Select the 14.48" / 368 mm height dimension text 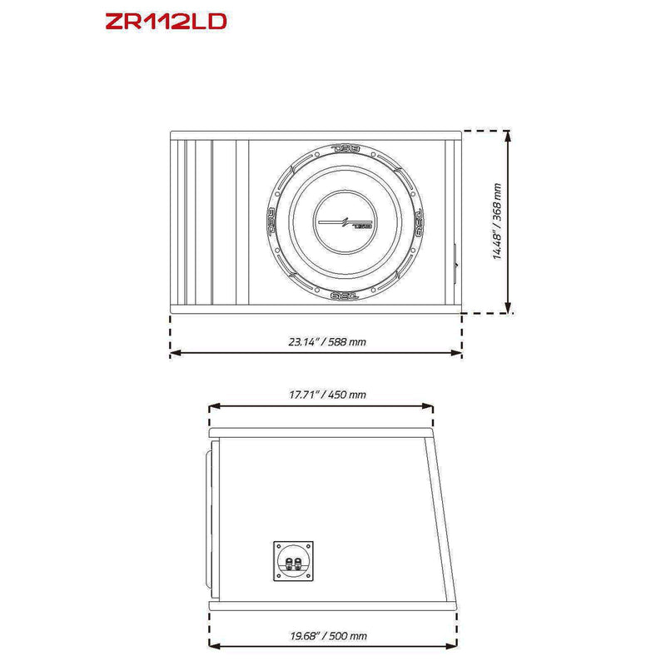(x=497, y=222)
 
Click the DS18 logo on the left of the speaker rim (x=271, y=222)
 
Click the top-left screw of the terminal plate (x=278, y=545)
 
